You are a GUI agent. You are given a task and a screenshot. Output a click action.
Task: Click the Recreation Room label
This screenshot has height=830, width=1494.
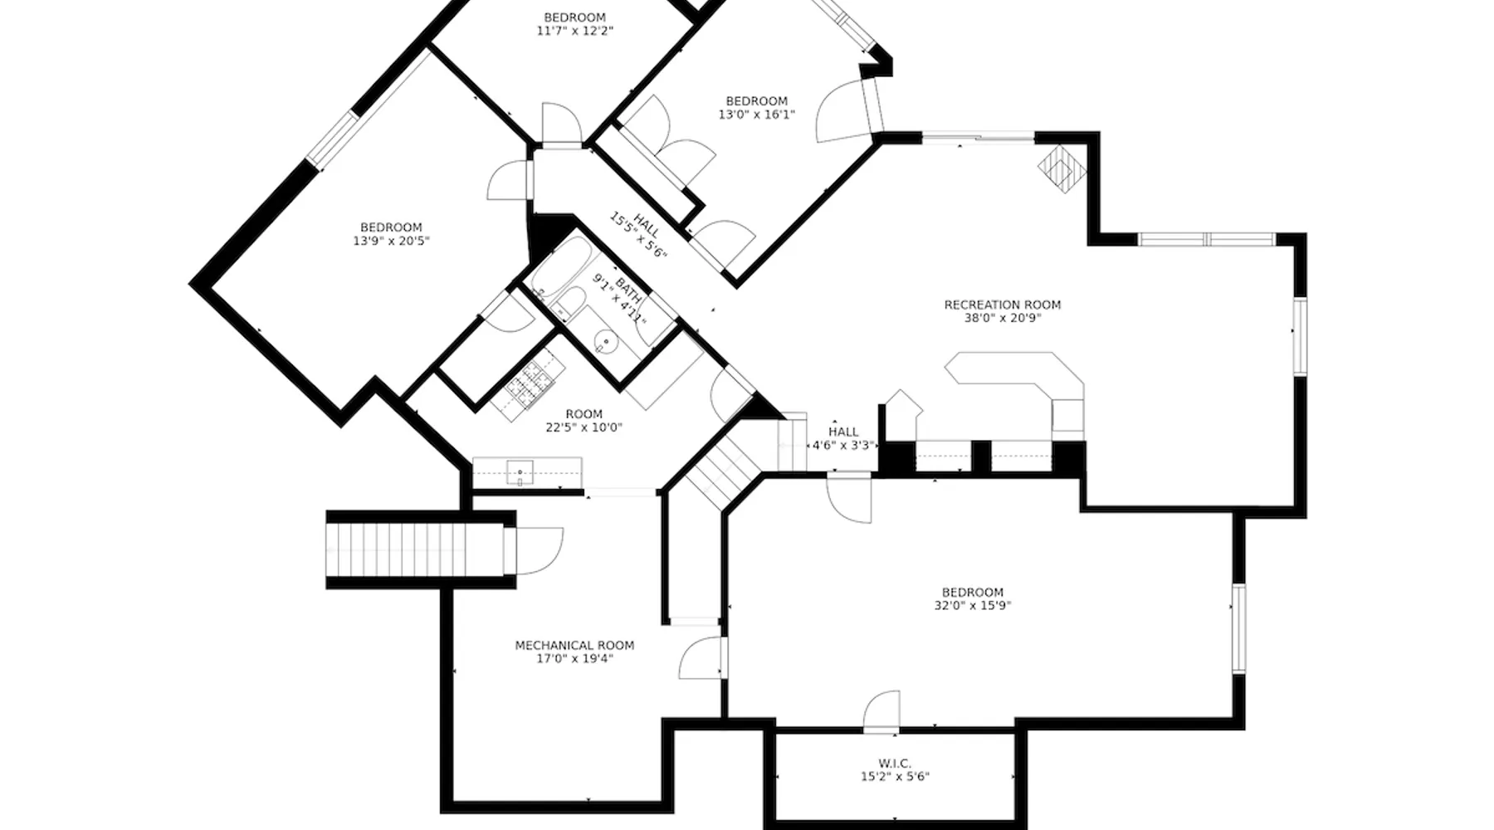coord(1003,305)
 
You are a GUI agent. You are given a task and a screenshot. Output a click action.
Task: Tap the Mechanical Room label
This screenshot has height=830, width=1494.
coord(574,645)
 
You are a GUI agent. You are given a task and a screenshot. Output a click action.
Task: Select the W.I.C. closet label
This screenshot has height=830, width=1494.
coord(895,763)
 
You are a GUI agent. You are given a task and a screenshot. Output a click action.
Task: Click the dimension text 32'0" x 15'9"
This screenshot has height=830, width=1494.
coord(973,605)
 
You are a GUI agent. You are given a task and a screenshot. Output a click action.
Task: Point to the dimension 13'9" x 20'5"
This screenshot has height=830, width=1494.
coord(392,241)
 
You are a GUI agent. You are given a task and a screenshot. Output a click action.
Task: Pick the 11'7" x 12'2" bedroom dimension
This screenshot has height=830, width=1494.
coord(575,31)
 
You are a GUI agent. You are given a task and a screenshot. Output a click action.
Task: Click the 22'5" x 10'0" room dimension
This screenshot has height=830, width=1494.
coord(584,427)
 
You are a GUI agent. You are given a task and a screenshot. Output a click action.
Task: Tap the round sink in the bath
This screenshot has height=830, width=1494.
coord(608,342)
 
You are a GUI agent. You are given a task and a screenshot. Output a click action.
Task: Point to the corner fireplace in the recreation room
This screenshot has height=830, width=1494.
coord(1062,169)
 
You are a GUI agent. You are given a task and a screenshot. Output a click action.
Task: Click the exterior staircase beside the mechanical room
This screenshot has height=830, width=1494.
coord(415,549)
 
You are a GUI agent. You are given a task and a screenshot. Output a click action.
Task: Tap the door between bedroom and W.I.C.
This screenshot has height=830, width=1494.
coord(881,712)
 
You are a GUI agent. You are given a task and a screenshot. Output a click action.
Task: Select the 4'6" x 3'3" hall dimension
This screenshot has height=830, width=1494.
coord(843,445)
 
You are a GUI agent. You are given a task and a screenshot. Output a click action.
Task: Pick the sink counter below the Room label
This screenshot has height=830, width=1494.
coord(527,473)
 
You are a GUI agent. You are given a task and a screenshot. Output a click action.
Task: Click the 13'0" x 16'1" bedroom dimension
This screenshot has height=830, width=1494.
coord(757,115)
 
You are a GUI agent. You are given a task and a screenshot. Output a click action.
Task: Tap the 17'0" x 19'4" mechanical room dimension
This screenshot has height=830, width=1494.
coord(575,659)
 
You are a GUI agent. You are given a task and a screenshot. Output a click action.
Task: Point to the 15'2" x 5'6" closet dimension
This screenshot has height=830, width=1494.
coord(895,777)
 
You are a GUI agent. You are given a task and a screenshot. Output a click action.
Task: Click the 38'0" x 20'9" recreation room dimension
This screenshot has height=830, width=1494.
coord(1003,318)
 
